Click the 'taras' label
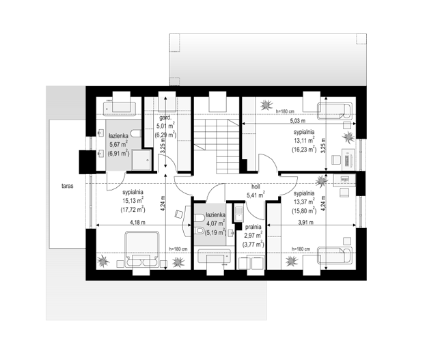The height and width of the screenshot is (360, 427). pyautogui.click(x=67, y=186)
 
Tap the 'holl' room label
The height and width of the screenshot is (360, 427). pyautogui.click(x=256, y=187)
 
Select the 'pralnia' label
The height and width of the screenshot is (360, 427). pyautogui.click(x=253, y=227)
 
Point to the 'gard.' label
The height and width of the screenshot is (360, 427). pyautogui.click(x=165, y=118)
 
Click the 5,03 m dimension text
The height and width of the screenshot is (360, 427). pyautogui.click(x=298, y=120)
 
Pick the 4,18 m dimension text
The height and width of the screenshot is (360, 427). pyautogui.click(x=137, y=222)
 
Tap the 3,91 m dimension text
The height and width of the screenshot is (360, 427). pyautogui.click(x=306, y=222)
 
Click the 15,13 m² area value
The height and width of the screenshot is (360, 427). pyautogui.click(x=133, y=201)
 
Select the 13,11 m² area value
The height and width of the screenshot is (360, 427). pyautogui.click(x=304, y=140)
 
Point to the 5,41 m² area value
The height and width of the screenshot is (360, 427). pyautogui.click(x=256, y=195)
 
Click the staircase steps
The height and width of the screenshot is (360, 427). pyautogui.click(x=217, y=146)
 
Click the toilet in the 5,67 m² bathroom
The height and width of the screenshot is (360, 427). pyautogui.click(x=136, y=133)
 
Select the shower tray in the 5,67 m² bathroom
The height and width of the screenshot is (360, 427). pyautogui.click(x=141, y=160)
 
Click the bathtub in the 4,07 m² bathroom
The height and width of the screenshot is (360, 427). pyautogui.click(x=214, y=256)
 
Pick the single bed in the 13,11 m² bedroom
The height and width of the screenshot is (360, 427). pyautogui.click(x=335, y=111)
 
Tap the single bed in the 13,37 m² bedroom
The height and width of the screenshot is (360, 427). pyautogui.click(x=335, y=255)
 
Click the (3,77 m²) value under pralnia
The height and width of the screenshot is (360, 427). pyautogui.click(x=253, y=244)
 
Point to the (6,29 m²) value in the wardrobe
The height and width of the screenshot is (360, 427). pyautogui.click(x=165, y=135)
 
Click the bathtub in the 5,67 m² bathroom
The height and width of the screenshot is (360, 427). pyautogui.click(x=120, y=107)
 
